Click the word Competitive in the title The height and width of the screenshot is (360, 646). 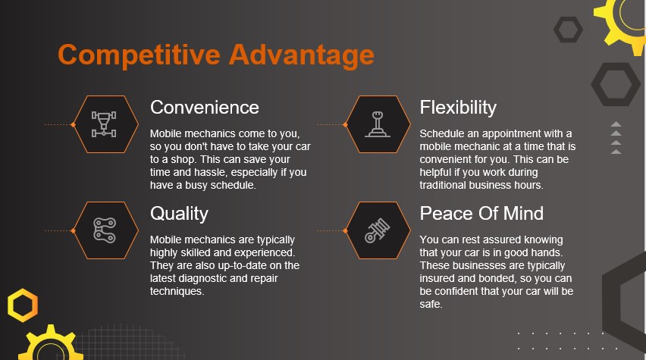tap(140, 55)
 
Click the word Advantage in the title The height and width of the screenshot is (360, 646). tap(302, 55)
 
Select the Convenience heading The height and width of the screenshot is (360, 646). tap(205, 108)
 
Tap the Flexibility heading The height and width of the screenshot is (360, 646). tap(458, 108)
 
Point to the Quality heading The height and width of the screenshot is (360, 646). tap(179, 214)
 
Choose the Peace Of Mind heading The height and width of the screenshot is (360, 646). tap(481, 214)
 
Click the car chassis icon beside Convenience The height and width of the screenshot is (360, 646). tap(104, 124)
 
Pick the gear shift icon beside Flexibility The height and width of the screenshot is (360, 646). tap(378, 124)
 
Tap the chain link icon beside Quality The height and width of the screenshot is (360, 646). tap(104, 230)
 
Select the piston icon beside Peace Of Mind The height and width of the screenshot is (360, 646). tap(378, 230)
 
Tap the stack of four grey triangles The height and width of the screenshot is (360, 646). tap(616, 138)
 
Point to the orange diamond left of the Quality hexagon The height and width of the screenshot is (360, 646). tap(73, 230)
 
